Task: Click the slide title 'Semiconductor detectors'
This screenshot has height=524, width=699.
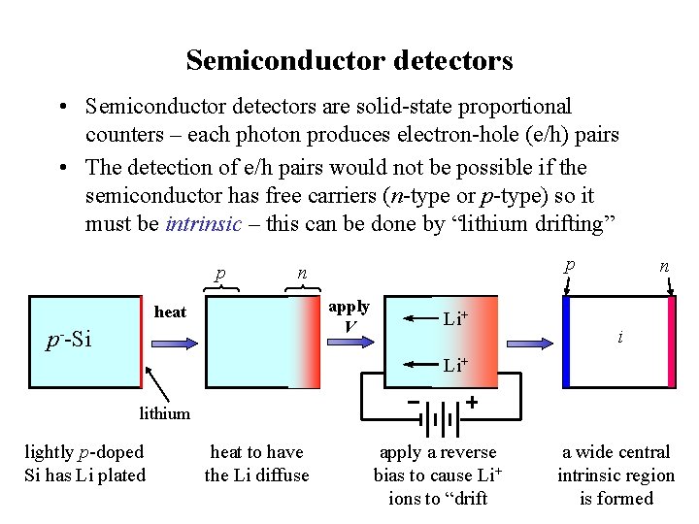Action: pyautogui.click(x=349, y=61)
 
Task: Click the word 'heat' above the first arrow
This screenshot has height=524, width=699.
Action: pyautogui.click(x=170, y=311)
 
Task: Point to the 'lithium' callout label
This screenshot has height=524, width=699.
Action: pyautogui.click(x=164, y=413)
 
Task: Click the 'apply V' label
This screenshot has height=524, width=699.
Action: pyautogui.click(x=349, y=315)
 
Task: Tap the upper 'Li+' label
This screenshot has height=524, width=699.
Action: pyautogui.click(x=455, y=318)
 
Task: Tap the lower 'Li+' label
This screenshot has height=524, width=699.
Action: pyautogui.click(x=455, y=365)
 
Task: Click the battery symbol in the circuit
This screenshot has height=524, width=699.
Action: pyautogui.click(x=443, y=422)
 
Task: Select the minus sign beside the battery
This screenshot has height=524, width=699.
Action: pyautogui.click(x=414, y=402)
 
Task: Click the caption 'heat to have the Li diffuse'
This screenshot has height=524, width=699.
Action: pyautogui.click(x=256, y=463)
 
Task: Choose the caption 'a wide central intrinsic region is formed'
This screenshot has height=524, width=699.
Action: pyautogui.click(x=616, y=475)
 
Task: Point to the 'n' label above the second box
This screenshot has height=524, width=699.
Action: pyautogui.click(x=302, y=273)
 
